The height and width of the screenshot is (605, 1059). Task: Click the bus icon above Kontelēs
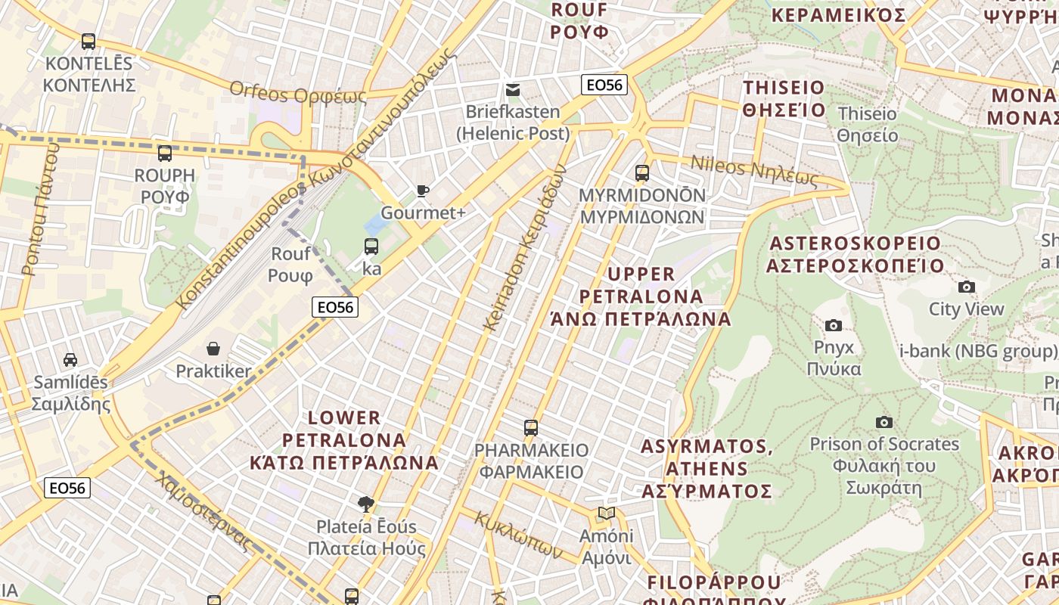(x=89, y=42)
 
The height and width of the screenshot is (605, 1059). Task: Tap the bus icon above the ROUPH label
(x=165, y=154)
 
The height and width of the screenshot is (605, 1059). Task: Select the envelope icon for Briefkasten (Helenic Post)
(x=513, y=90)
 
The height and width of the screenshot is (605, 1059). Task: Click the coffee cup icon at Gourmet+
(x=422, y=191)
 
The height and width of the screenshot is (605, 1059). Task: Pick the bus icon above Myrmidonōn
(x=641, y=173)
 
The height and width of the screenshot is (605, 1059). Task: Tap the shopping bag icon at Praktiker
(x=213, y=349)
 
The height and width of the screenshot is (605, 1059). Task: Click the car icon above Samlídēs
(x=70, y=360)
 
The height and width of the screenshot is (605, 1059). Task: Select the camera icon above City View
(x=966, y=287)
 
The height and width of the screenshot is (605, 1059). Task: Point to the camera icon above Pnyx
(x=833, y=325)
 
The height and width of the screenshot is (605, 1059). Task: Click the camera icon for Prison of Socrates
(x=884, y=422)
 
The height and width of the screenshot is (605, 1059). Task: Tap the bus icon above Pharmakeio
(x=530, y=428)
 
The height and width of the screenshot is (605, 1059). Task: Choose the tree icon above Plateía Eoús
(x=366, y=504)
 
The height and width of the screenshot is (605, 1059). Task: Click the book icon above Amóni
(x=606, y=513)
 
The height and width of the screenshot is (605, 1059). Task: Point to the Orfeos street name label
(x=298, y=94)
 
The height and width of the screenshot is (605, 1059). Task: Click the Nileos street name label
(x=754, y=172)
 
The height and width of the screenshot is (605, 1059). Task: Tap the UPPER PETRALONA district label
(x=641, y=296)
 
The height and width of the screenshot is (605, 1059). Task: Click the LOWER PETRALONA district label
(x=344, y=439)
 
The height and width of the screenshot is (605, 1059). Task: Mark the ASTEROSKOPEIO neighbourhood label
(x=855, y=254)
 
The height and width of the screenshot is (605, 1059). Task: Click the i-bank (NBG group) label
(x=977, y=351)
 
